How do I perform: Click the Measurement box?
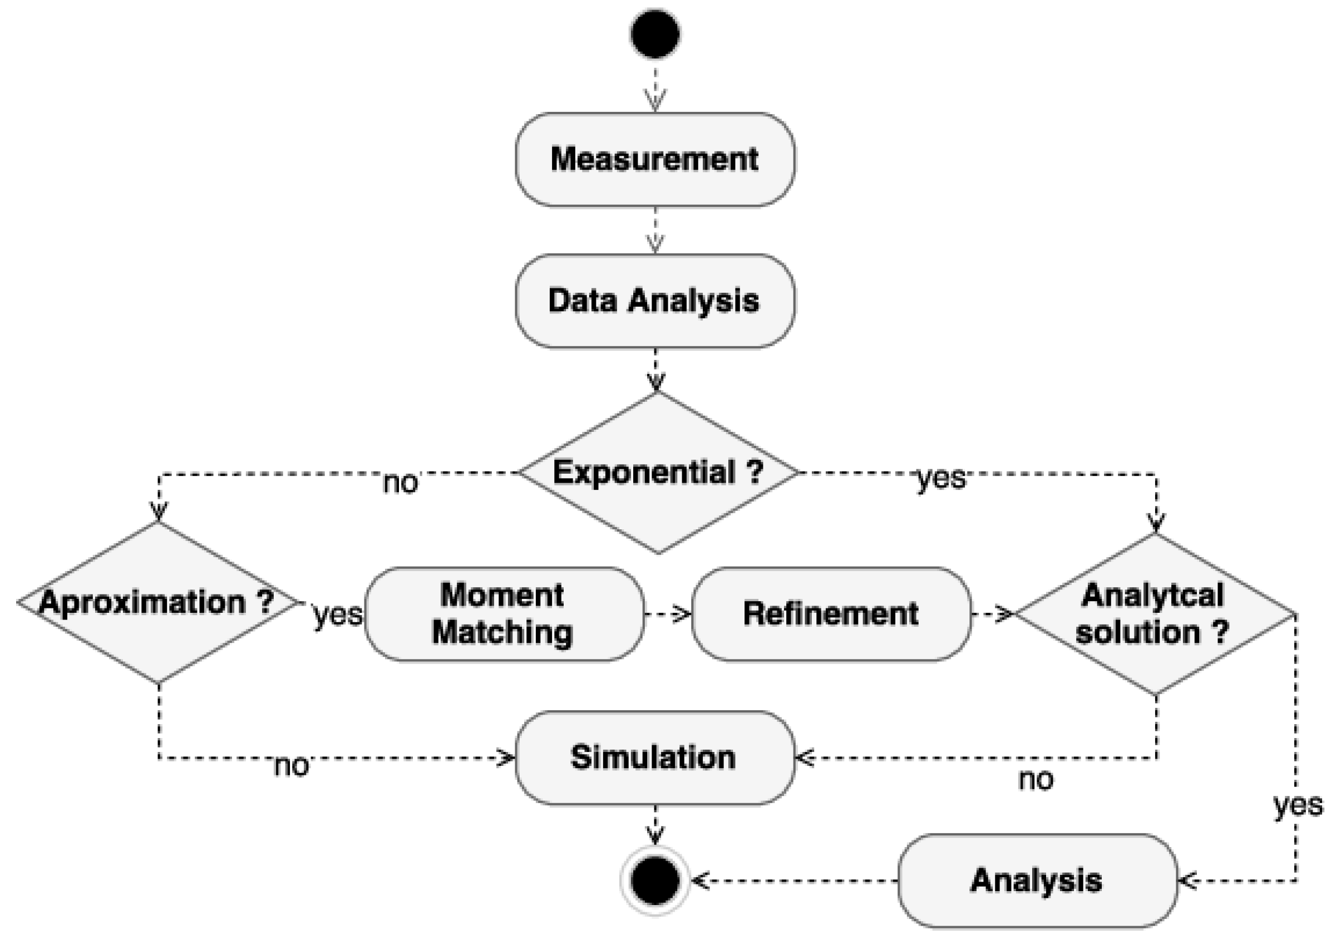tap(655, 160)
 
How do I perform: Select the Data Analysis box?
tap(655, 301)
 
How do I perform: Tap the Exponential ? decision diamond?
tap(658, 472)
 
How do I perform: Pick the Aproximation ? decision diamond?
tap(157, 602)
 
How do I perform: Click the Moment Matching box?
tap(504, 613)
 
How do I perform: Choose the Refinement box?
tap(831, 613)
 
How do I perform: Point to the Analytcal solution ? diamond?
tap(1154, 613)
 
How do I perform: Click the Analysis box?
tap(1037, 881)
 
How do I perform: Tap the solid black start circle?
tap(655, 34)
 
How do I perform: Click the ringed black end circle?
tap(655, 881)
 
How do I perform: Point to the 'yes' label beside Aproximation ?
tap(337, 614)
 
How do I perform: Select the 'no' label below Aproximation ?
tap(291, 766)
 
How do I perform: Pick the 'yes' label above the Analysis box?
tap(1299, 805)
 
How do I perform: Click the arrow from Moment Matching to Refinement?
tap(668, 614)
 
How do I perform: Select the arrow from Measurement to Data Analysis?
tap(655, 230)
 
